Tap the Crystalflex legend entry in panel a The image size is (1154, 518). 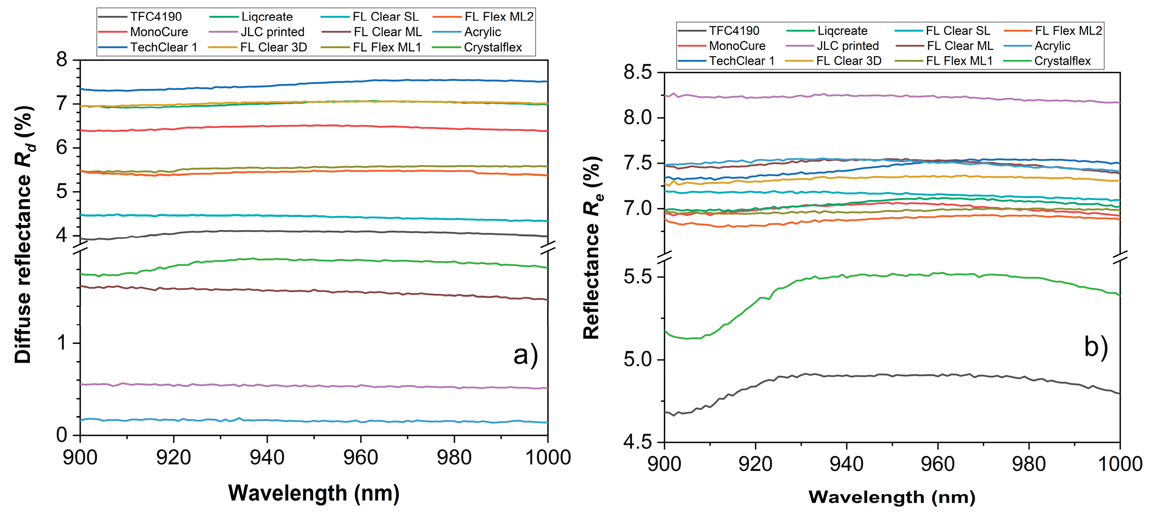coord(493,48)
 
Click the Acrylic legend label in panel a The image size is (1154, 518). coord(483,32)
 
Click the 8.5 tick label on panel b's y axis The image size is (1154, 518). coord(638,72)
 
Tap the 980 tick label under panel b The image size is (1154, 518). coord(1029,464)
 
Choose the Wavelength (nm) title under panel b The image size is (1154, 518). coord(892,497)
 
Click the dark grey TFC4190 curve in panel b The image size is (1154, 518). coord(896,375)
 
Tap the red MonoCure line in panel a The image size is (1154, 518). coord(313,126)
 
